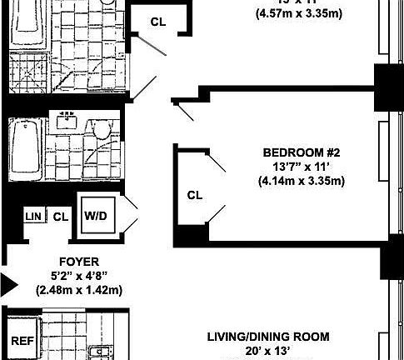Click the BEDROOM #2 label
tap(302, 152)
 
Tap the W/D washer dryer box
tap(94, 215)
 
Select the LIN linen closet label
tap(33, 217)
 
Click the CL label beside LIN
tap(60, 217)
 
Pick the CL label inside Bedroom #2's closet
tap(194, 196)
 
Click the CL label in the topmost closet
tap(157, 22)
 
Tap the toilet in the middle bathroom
tap(102, 131)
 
